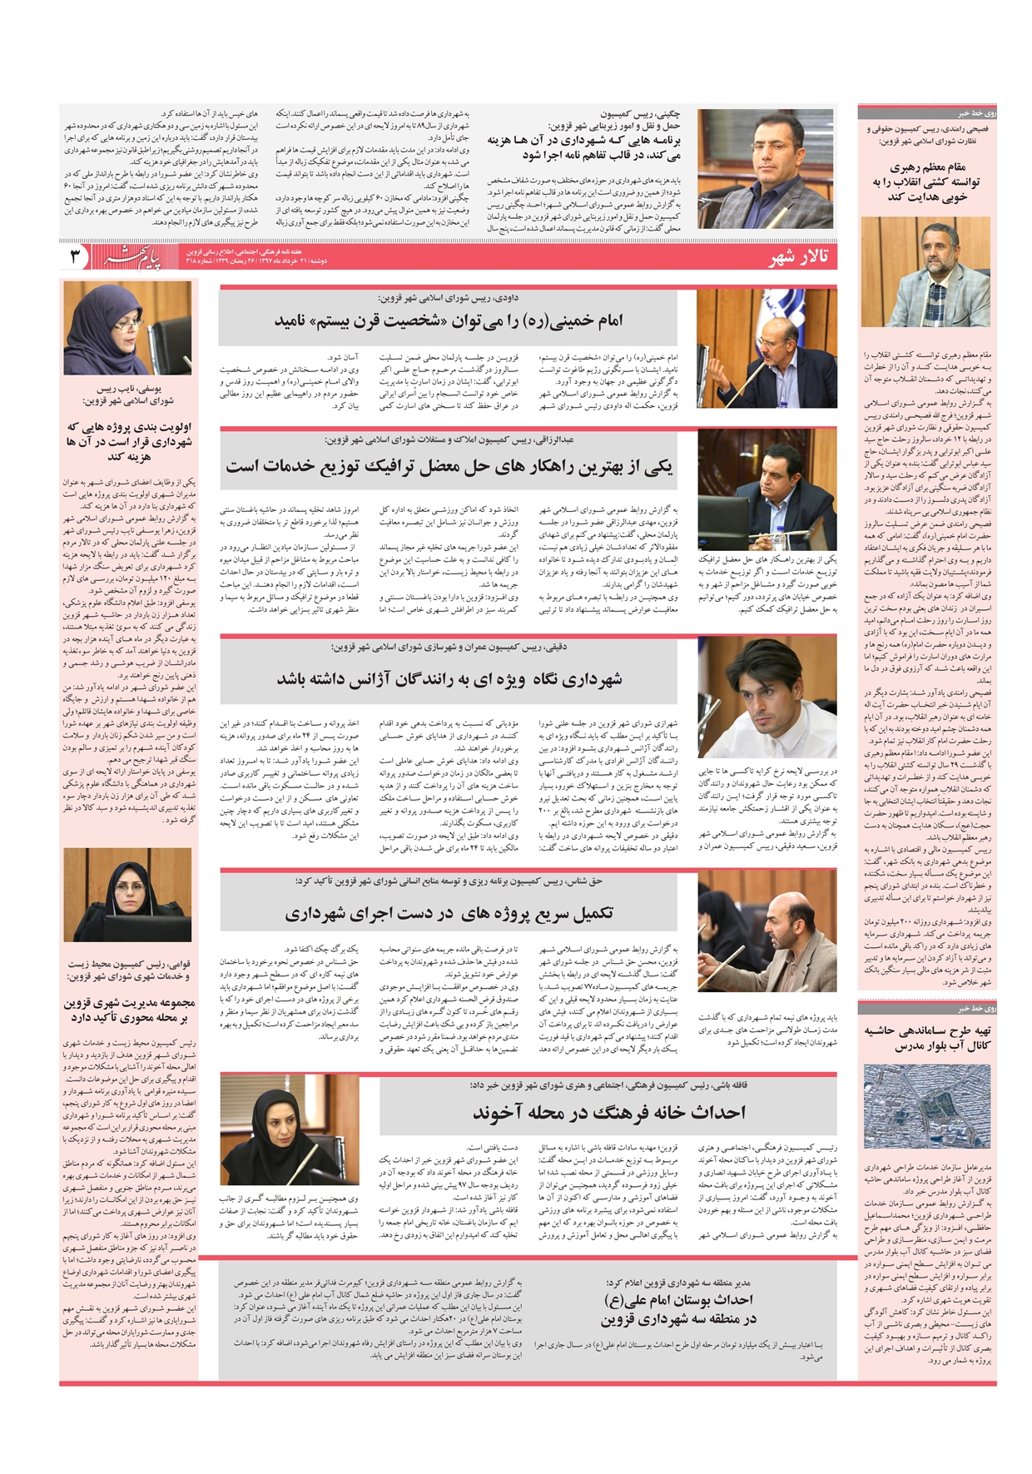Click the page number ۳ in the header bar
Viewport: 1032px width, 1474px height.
click(x=75, y=256)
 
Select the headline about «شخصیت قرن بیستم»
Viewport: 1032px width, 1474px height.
click(x=449, y=320)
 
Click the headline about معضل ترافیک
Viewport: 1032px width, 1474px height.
click(x=449, y=466)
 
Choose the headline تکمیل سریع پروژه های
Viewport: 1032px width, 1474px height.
click(x=449, y=913)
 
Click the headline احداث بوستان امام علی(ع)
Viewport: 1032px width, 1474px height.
click(x=678, y=1308)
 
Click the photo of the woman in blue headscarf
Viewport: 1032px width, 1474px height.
click(x=128, y=327)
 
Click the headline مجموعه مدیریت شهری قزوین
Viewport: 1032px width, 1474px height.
click(x=128, y=1010)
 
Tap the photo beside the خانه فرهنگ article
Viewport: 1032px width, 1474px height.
click(x=277, y=1128)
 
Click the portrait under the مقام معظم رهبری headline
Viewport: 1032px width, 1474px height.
click(x=925, y=271)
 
